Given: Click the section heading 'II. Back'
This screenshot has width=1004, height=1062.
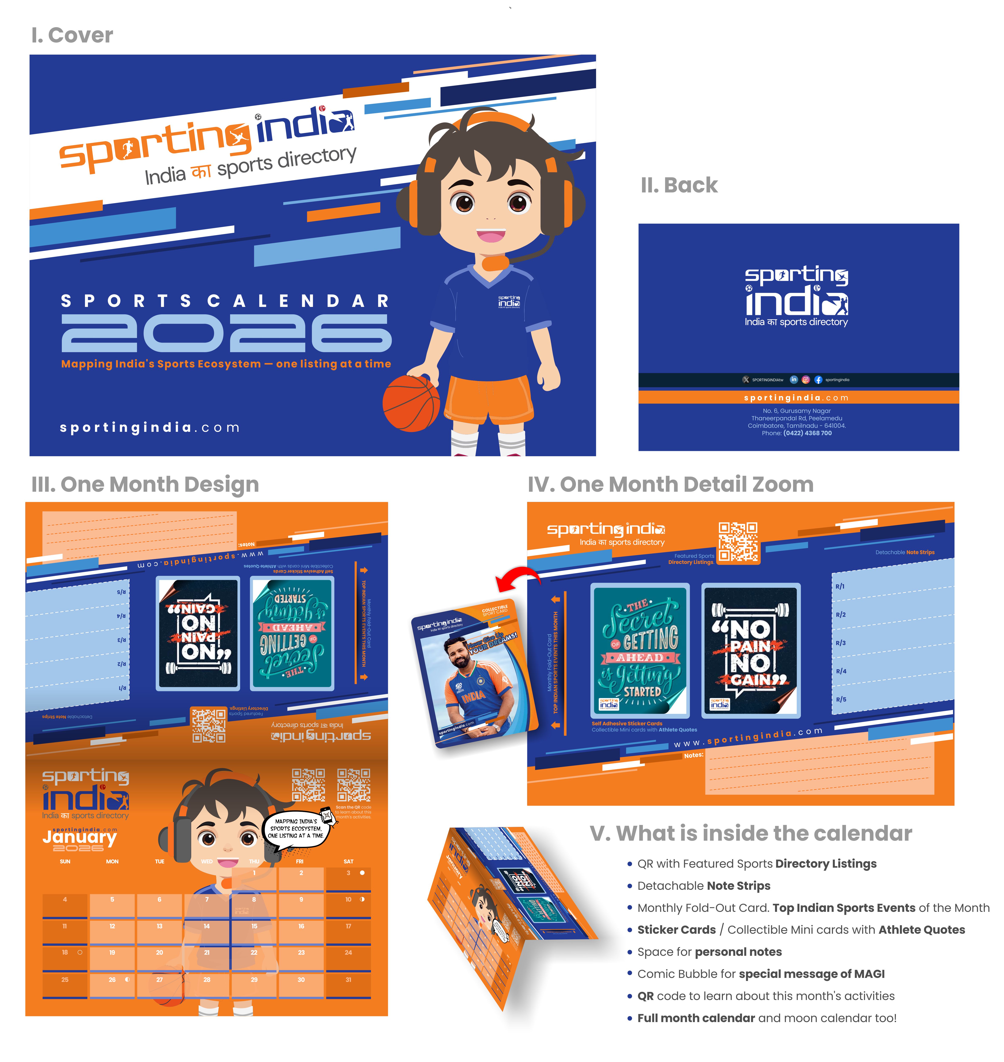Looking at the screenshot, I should (x=679, y=185).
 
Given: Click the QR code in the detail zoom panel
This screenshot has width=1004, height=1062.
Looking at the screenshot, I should (x=738, y=542).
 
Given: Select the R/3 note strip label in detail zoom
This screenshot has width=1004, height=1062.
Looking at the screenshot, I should (x=841, y=643).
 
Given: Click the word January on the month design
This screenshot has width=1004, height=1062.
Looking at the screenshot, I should (x=79, y=836).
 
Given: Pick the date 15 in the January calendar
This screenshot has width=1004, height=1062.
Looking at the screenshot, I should (x=254, y=926).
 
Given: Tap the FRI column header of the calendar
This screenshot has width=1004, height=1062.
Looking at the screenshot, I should (x=300, y=861).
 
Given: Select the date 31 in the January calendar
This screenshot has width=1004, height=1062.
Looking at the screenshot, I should (x=348, y=980).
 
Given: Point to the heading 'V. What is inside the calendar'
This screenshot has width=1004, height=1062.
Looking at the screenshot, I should (x=750, y=833).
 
